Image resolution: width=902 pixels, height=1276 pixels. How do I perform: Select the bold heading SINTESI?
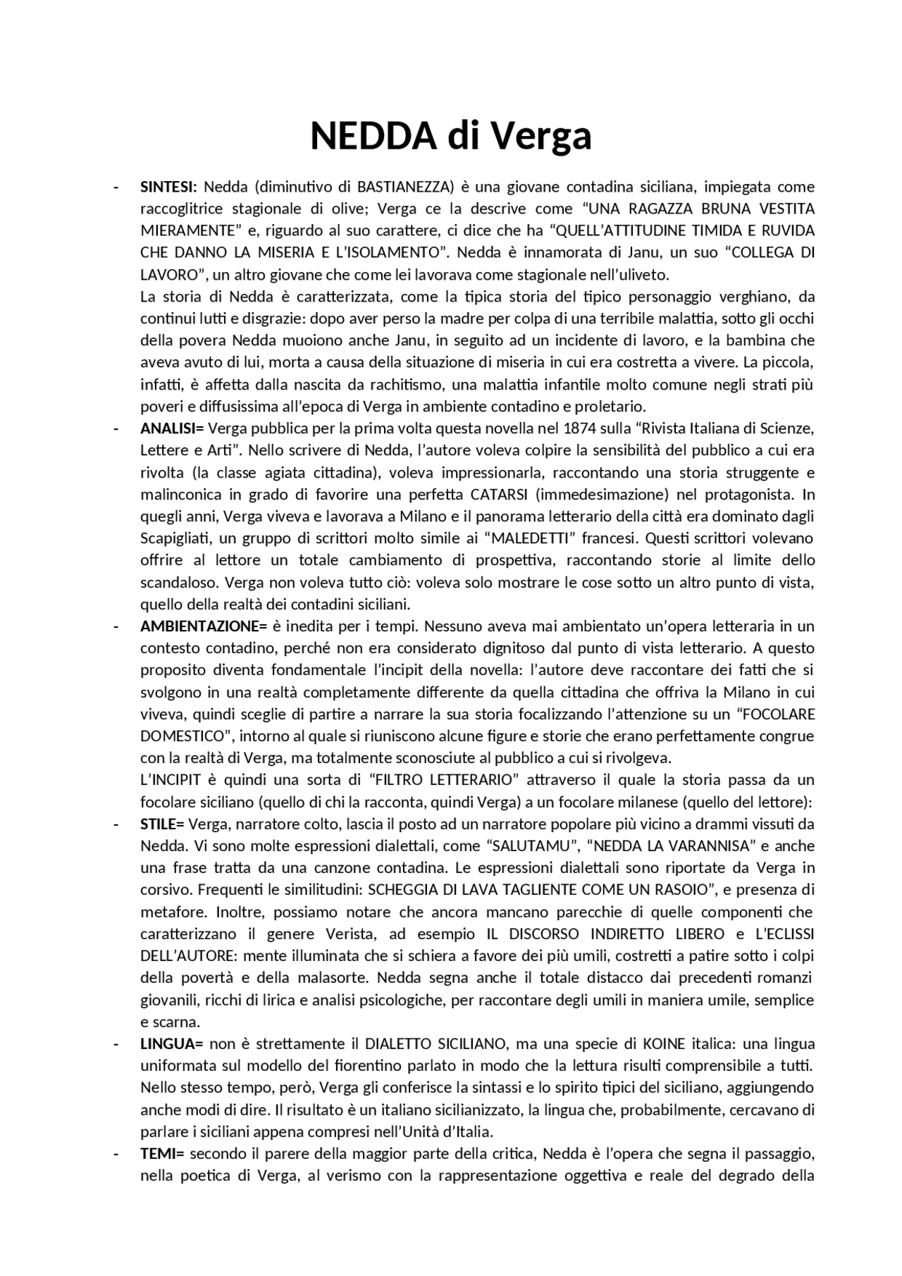coord(168,187)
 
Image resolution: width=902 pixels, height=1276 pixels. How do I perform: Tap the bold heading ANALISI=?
coord(171,428)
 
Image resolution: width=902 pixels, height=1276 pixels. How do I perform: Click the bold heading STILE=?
coord(162,824)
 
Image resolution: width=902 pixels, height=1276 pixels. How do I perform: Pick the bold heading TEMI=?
coord(162,1154)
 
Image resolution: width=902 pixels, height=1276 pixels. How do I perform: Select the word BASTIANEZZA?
coord(404,187)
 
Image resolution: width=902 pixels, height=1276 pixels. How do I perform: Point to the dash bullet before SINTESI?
coord(115,187)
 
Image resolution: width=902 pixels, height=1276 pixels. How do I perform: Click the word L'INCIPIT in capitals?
coord(170,780)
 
